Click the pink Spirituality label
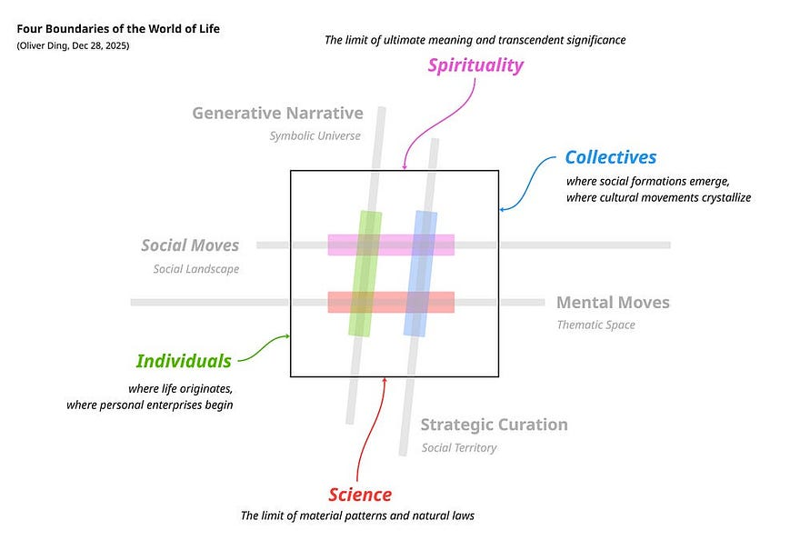coord(476,65)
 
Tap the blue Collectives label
coord(610,157)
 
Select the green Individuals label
coord(184,361)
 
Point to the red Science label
coord(360,495)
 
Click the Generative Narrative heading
coord(277,114)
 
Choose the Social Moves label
coord(190,245)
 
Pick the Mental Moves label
coord(613,303)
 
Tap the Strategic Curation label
coord(494,425)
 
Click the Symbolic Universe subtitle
coord(315,136)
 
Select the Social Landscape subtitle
coord(195,269)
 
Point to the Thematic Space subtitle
coord(595,325)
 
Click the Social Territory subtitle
coord(459,447)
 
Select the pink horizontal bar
coord(391,245)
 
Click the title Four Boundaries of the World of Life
coord(118,29)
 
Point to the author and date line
coord(73,45)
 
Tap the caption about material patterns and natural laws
coord(357,515)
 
